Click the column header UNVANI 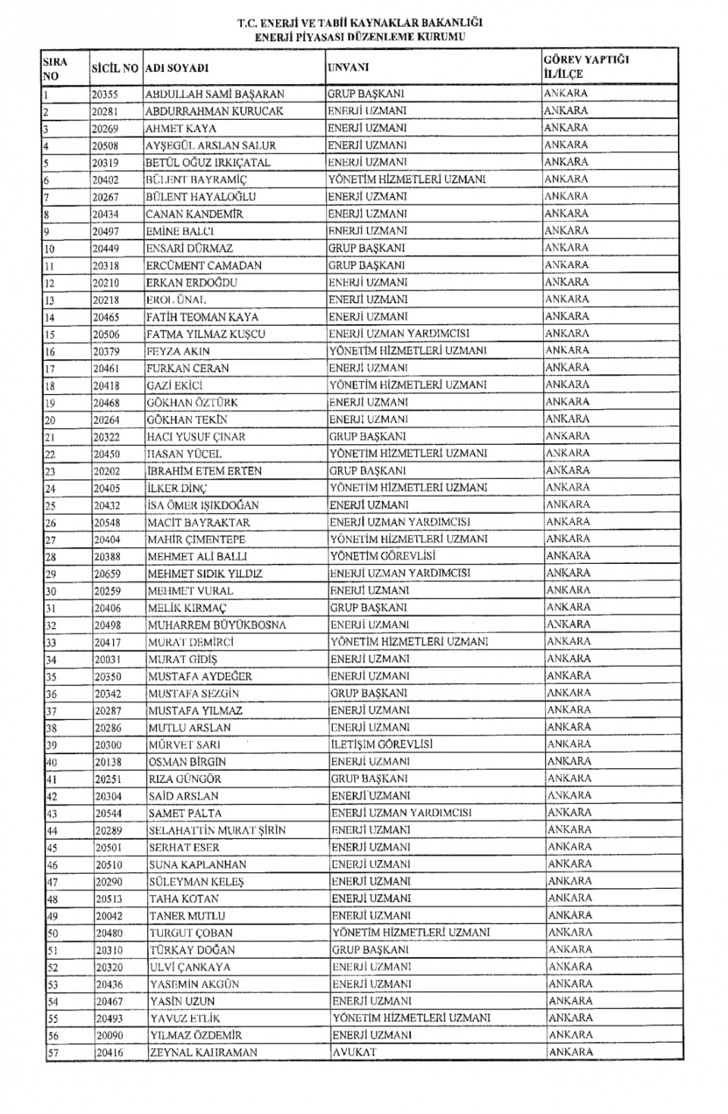tap(348, 67)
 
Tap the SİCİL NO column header tap(115, 68)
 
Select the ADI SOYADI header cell tap(177, 68)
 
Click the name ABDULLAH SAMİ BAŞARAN tap(215, 95)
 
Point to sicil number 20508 tap(105, 146)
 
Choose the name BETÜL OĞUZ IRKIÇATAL tap(208, 162)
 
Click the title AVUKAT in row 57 tap(354, 1052)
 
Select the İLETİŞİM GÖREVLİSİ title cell tap(381, 744)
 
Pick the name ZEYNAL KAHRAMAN tap(203, 1052)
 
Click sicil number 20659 tap(107, 574)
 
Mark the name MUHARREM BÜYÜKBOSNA tap(217, 625)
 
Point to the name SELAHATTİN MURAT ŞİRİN tap(217, 831)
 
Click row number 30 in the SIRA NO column tap(51, 591)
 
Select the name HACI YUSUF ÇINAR tap(196, 437)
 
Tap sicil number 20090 tap(109, 1035)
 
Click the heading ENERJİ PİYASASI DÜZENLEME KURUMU tap(359, 36)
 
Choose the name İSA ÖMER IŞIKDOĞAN tap(203, 505)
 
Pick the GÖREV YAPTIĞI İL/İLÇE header tap(586, 67)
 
